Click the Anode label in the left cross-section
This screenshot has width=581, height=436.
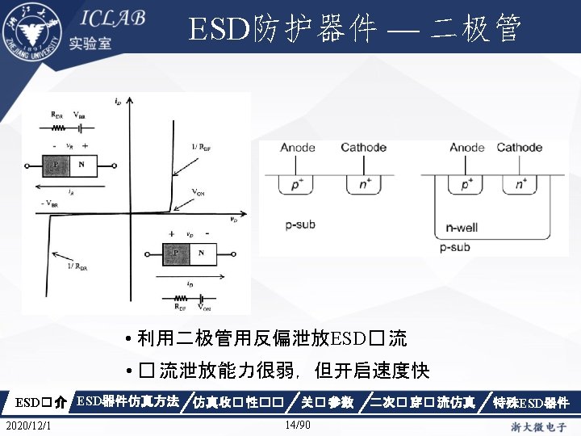pyautogui.click(x=298, y=147)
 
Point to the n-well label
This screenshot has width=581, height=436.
pyautogui.click(x=462, y=227)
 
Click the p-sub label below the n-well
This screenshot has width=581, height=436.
pyautogui.click(x=456, y=247)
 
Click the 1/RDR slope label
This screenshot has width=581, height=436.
pyautogui.click(x=78, y=265)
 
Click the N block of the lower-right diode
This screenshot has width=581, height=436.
pyautogui.click(x=201, y=254)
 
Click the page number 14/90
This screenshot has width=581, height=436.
pyautogui.click(x=298, y=425)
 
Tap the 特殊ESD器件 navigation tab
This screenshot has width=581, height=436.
pyautogui.click(x=531, y=402)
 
